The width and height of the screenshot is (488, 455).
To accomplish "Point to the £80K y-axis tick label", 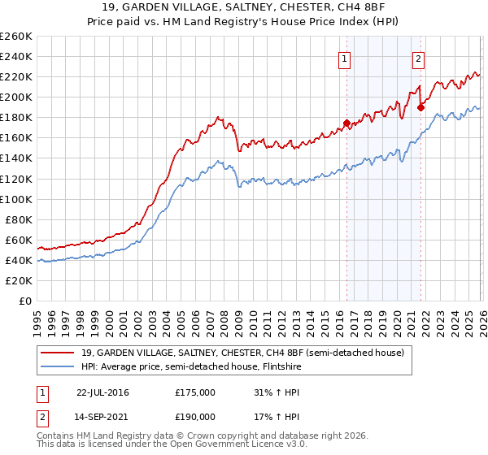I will [18, 219].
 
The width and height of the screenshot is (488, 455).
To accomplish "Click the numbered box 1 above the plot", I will [345, 58].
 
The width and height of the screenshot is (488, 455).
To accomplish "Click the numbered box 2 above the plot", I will [418, 58].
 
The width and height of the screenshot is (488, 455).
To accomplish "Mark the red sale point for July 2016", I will [346, 123].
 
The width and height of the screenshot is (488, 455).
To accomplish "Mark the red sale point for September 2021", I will [420, 107].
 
